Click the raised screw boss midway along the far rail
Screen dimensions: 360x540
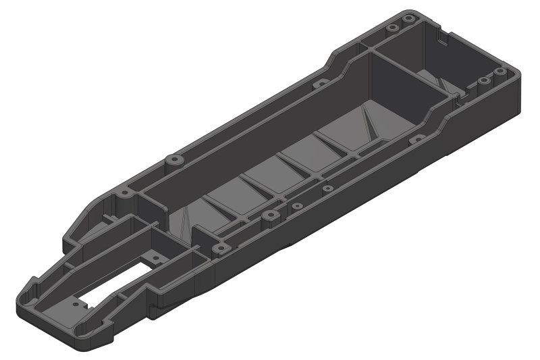pyautogui.click(x=174, y=161)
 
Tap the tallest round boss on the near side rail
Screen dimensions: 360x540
pyautogui.click(x=270, y=216)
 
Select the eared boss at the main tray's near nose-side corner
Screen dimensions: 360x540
pyautogui.click(x=223, y=247)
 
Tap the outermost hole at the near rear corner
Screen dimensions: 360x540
pyautogui.click(x=499, y=72)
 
